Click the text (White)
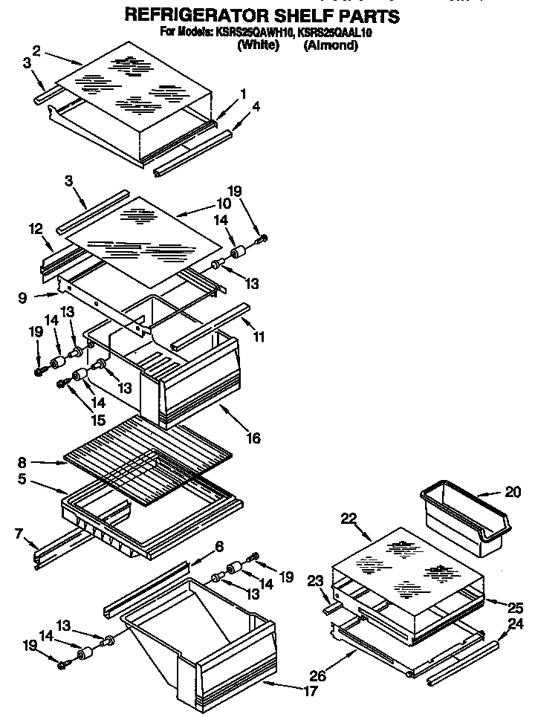[x=258, y=45]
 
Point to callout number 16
[x=253, y=438]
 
